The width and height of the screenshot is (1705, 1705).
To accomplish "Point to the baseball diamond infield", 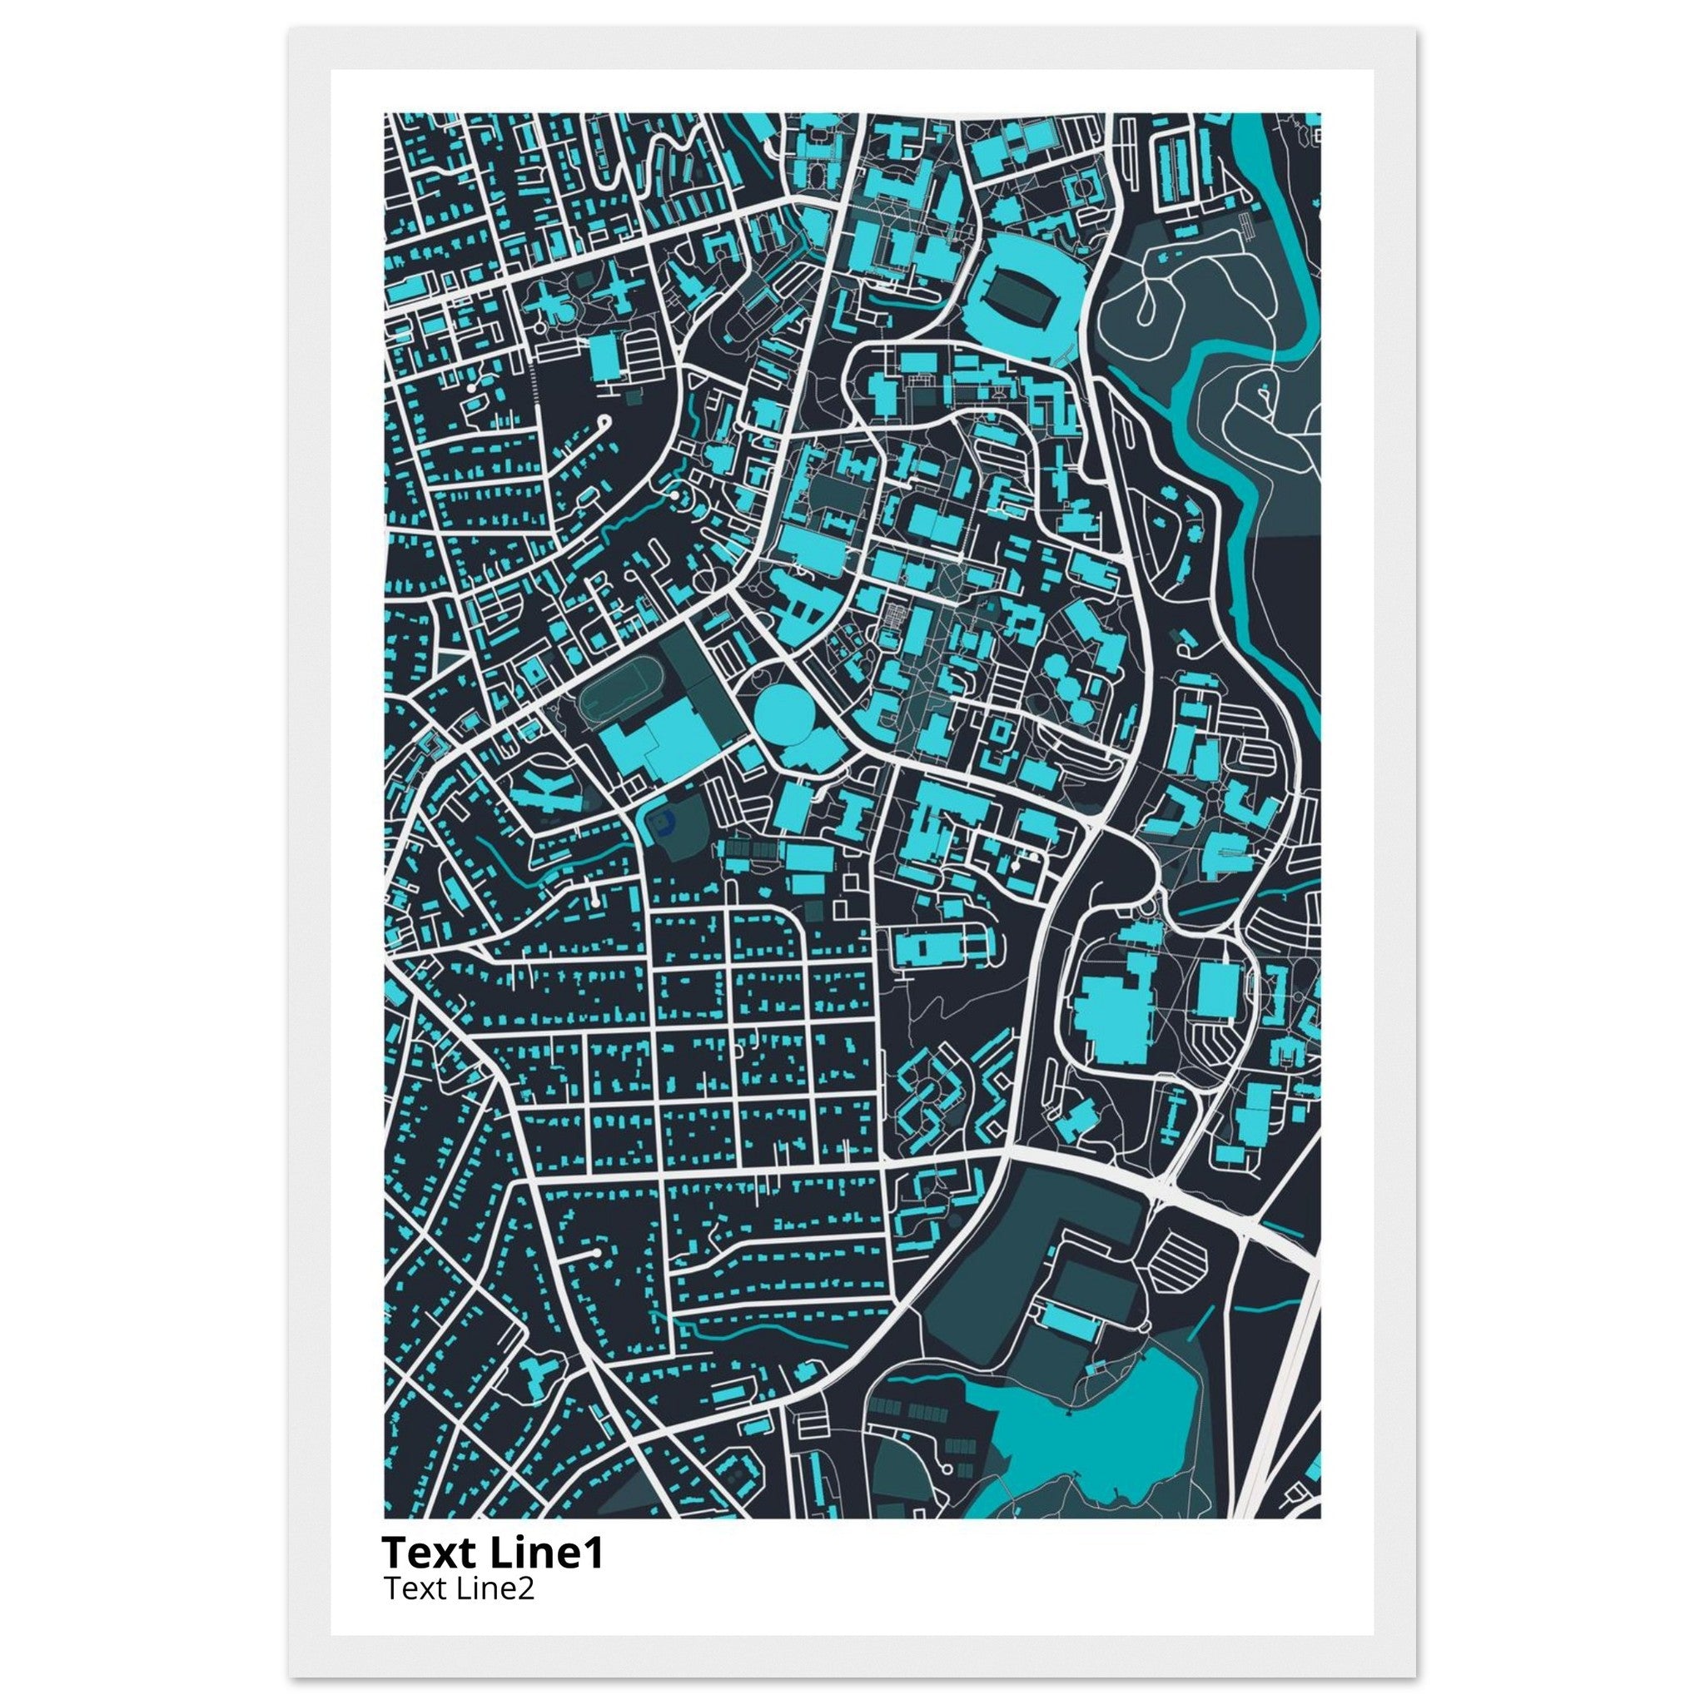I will pyautogui.click(x=662, y=823).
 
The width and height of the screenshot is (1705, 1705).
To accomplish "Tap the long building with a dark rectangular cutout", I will pyautogui.click(x=927, y=949).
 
